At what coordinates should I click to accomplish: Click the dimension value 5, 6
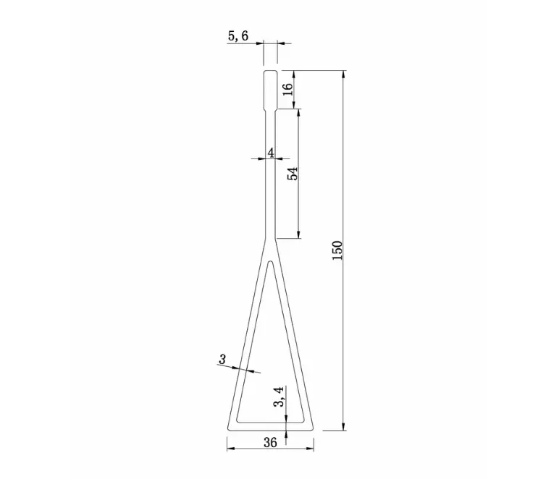[x=237, y=35]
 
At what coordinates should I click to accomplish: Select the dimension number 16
[x=287, y=89]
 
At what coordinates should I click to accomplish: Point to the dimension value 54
[x=292, y=174]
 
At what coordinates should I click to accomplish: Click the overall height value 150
[x=337, y=250]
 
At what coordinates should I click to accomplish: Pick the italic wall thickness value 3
[x=222, y=359]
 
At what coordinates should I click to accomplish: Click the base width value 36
[x=270, y=441]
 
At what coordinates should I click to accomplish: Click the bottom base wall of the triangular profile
[x=270, y=425]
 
